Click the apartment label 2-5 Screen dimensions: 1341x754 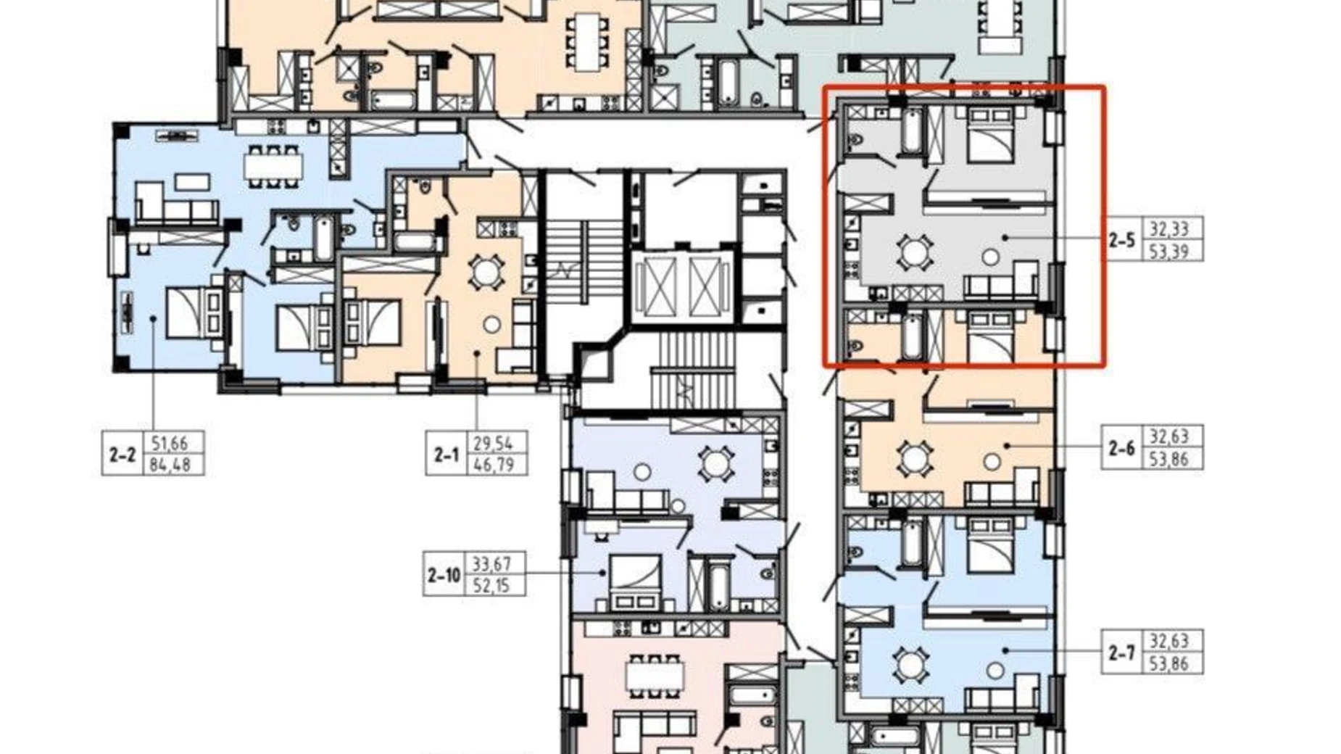(x=1121, y=239)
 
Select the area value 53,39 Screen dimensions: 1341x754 (x=1169, y=251)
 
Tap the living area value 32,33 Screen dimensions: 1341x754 (x=1169, y=229)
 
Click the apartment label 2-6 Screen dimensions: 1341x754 (x=1121, y=448)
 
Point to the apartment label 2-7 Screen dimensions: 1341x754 (x=1121, y=653)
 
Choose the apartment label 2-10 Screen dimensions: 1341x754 (x=444, y=576)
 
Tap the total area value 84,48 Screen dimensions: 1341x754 (x=170, y=465)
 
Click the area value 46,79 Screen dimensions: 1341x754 (x=494, y=464)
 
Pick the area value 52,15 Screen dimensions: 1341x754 (x=492, y=584)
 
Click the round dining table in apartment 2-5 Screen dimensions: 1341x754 (x=915, y=252)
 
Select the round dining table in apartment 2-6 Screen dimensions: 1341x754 (x=915, y=459)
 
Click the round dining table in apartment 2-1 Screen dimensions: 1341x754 (x=485, y=273)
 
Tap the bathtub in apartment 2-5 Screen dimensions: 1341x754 (x=912, y=130)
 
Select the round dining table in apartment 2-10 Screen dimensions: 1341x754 (x=715, y=463)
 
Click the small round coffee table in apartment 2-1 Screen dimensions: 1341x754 (x=492, y=324)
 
